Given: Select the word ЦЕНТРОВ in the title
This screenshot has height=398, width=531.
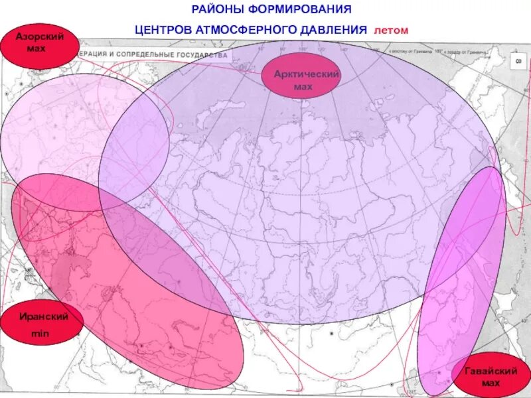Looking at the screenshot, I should coord(161,31).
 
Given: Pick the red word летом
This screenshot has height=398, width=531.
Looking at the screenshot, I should coord(391,31).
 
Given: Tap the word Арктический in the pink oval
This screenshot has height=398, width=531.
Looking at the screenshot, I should coord(307,74).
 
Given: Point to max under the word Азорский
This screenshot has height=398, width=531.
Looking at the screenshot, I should coord(37,49).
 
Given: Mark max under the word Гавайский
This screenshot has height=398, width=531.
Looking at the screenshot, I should coord(490,384).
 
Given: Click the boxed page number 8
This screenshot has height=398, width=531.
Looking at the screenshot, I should coord(518,60).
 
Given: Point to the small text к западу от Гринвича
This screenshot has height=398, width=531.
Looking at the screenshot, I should coord(465,50).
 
